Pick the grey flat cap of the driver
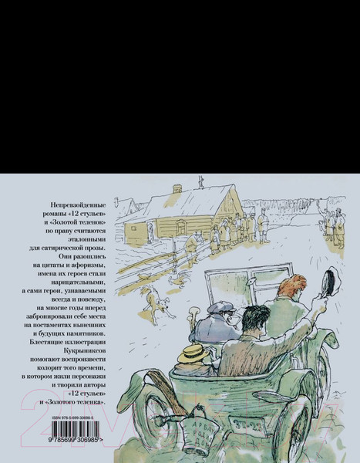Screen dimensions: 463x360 [221, 306]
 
